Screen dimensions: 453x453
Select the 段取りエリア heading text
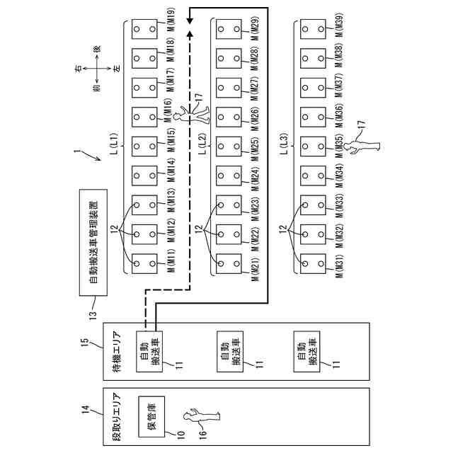click(115, 418)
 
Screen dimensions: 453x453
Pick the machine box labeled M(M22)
click(229, 234)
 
